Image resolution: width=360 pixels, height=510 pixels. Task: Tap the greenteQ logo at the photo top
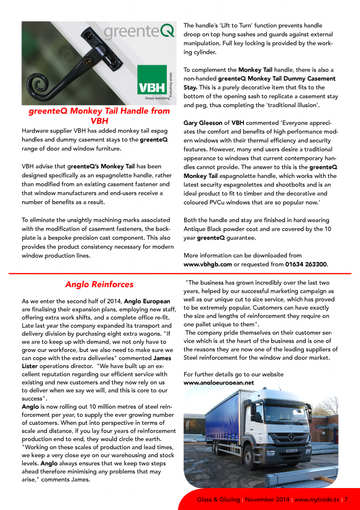click(139, 31)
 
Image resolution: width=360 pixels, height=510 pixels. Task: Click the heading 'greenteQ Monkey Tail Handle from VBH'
click(99, 116)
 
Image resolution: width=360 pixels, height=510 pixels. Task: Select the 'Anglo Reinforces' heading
click(99, 284)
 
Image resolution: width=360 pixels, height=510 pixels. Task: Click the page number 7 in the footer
click(346, 499)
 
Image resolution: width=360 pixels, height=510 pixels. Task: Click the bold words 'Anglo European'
click(147, 301)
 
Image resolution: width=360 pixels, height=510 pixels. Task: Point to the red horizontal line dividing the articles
click(180, 273)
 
